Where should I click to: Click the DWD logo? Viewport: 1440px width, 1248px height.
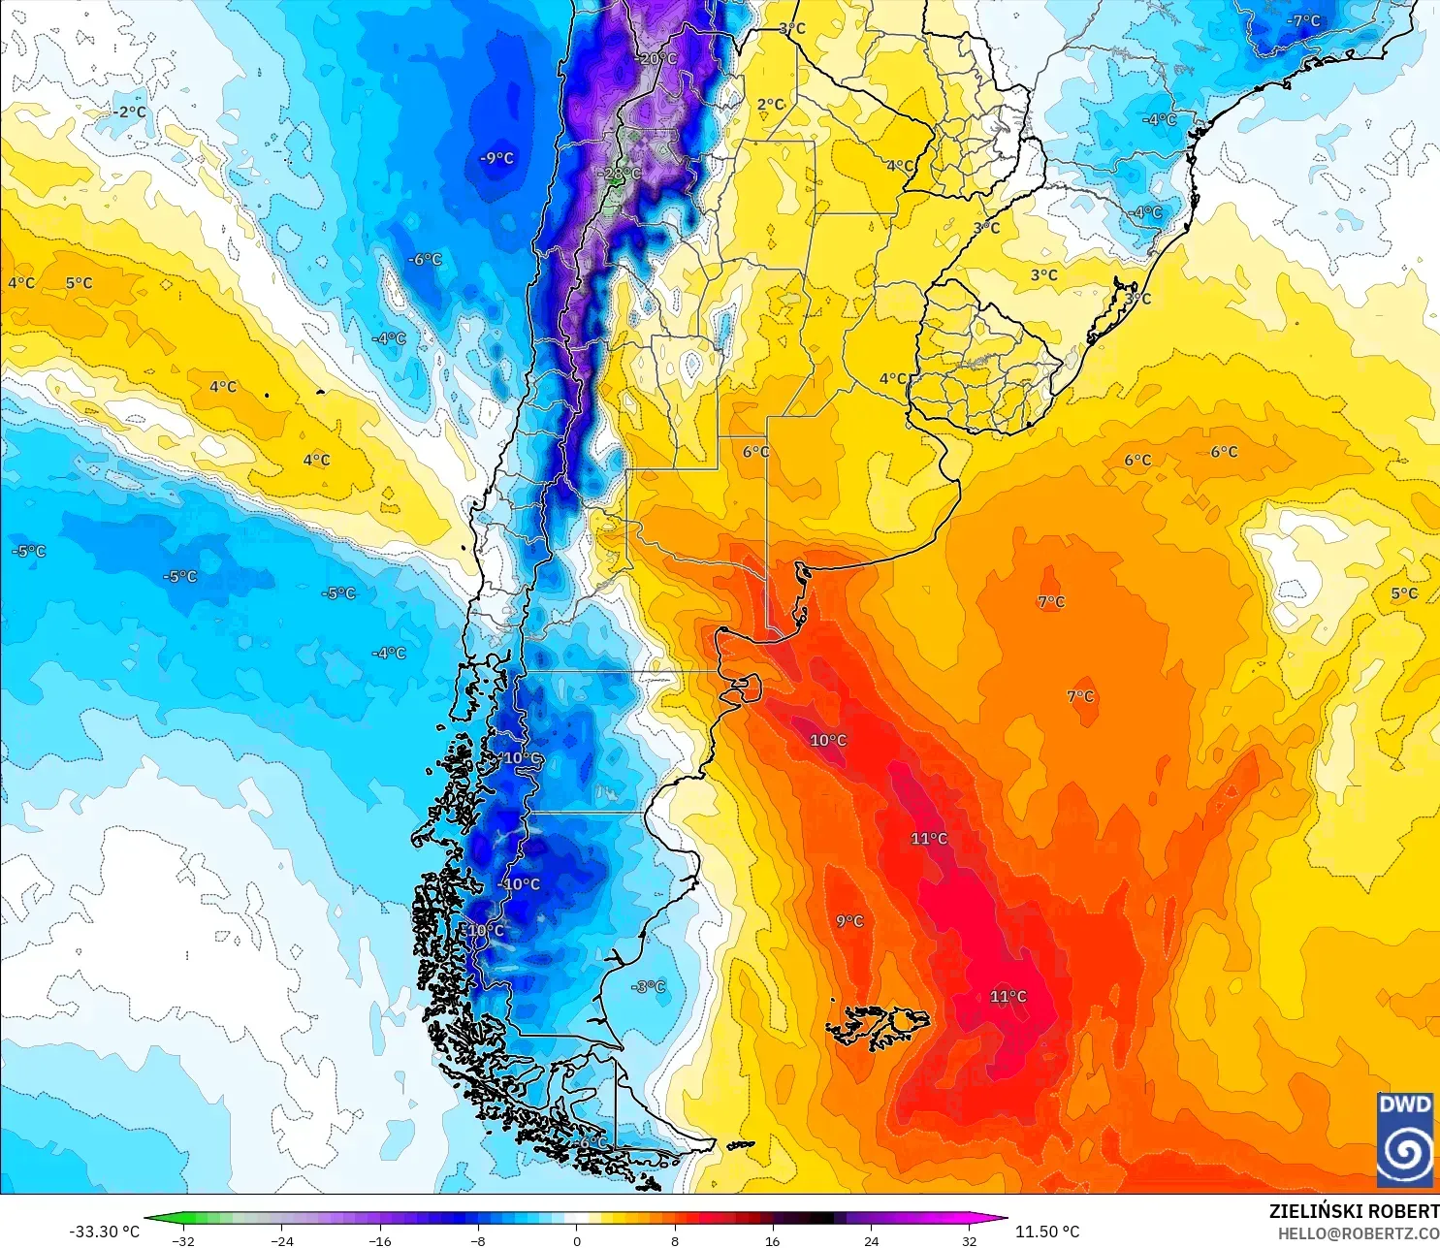pos(1404,1139)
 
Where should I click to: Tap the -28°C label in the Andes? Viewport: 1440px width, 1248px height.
pos(620,175)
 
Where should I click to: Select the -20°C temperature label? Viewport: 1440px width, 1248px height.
pos(656,59)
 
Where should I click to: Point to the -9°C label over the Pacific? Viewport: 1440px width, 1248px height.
pos(496,158)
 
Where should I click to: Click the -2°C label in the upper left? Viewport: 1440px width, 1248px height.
pos(128,112)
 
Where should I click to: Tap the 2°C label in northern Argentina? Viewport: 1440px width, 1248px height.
pos(771,105)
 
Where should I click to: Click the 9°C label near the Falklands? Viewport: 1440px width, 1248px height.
pos(849,921)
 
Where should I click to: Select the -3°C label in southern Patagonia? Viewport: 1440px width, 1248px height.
pos(649,987)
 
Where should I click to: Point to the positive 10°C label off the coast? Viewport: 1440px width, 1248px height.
pos(828,741)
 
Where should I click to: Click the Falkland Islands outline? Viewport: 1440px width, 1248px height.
pos(878,1026)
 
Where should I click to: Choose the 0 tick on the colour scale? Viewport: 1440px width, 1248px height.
pos(576,1240)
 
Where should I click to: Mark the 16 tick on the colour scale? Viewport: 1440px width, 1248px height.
pos(772,1240)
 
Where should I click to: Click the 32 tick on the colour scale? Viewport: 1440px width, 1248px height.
pos(969,1240)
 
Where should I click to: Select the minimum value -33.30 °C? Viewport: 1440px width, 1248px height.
pos(104,1232)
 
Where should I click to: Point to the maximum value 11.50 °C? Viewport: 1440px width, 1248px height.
pos(1047,1232)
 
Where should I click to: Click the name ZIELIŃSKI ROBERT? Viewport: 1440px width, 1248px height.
pos(1354,1211)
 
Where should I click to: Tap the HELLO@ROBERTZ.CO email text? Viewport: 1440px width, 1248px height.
pos(1358,1233)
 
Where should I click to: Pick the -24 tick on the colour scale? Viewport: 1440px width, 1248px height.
pos(281,1240)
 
